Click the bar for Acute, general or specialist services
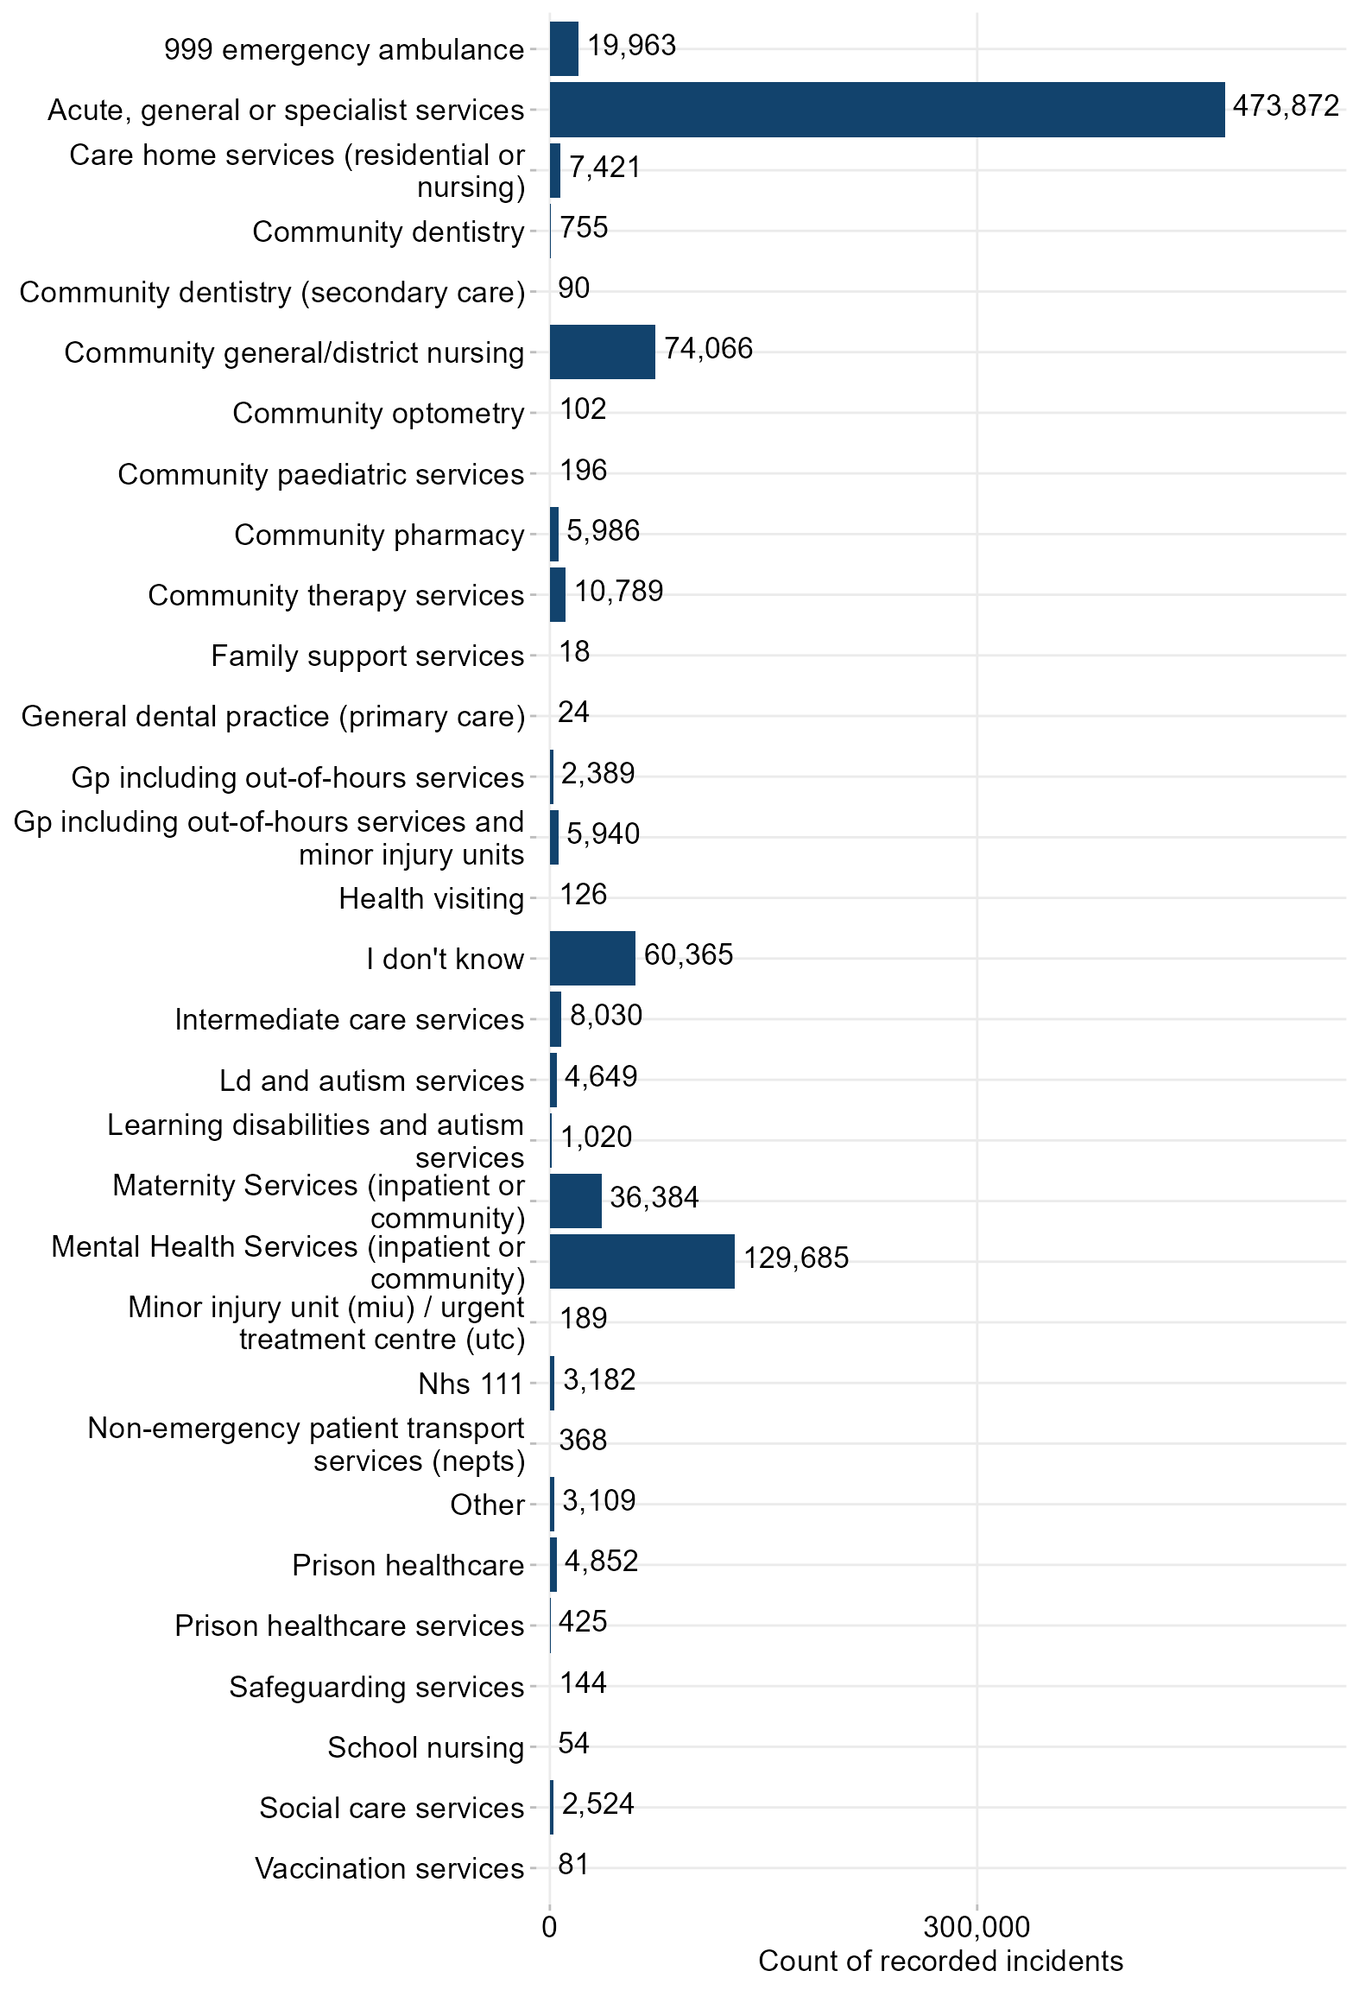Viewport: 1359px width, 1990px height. pyautogui.click(x=887, y=110)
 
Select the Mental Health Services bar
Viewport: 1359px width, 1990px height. pyautogui.click(x=642, y=1261)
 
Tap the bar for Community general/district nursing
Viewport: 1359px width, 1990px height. pyautogui.click(x=602, y=352)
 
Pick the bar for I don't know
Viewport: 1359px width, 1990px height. pyautogui.click(x=592, y=958)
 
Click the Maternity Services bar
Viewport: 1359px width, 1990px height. pyautogui.click(x=575, y=1201)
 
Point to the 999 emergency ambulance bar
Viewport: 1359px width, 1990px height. pyautogui.click(x=564, y=49)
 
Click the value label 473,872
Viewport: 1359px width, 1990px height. pyautogui.click(x=1286, y=106)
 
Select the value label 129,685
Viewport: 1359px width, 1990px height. pyautogui.click(x=796, y=1258)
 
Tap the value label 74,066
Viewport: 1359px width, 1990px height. pyautogui.click(x=708, y=348)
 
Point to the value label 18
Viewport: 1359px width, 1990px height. pyautogui.click(x=574, y=652)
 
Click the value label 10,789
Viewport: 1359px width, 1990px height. pyautogui.click(x=618, y=592)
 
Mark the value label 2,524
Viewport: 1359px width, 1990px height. pyautogui.click(x=597, y=1803)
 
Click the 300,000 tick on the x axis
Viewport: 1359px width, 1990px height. pyautogui.click(x=977, y=1926)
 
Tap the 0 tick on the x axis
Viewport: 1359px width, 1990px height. pyautogui.click(x=549, y=1926)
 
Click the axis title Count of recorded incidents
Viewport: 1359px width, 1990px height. pyautogui.click(x=940, y=1961)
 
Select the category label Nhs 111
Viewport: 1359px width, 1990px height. pyautogui.click(x=471, y=1384)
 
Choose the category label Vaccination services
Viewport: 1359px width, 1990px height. pyautogui.click(x=389, y=1868)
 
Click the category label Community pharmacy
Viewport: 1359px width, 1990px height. pyautogui.click(x=379, y=535)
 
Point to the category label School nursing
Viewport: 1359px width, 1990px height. pyautogui.click(x=426, y=1747)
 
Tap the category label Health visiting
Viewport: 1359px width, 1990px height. pyautogui.click(x=431, y=898)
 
